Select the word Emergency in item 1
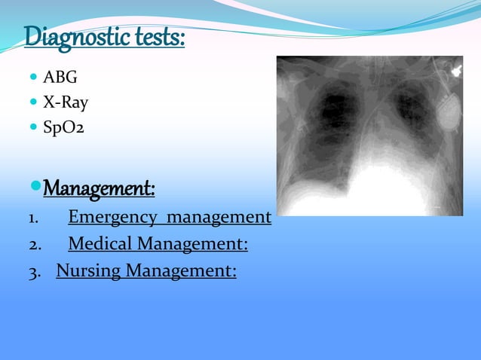(x=114, y=218)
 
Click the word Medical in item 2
(x=101, y=244)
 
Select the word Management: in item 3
(x=181, y=270)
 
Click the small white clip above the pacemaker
(x=455, y=72)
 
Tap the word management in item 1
(x=219, y=218)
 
